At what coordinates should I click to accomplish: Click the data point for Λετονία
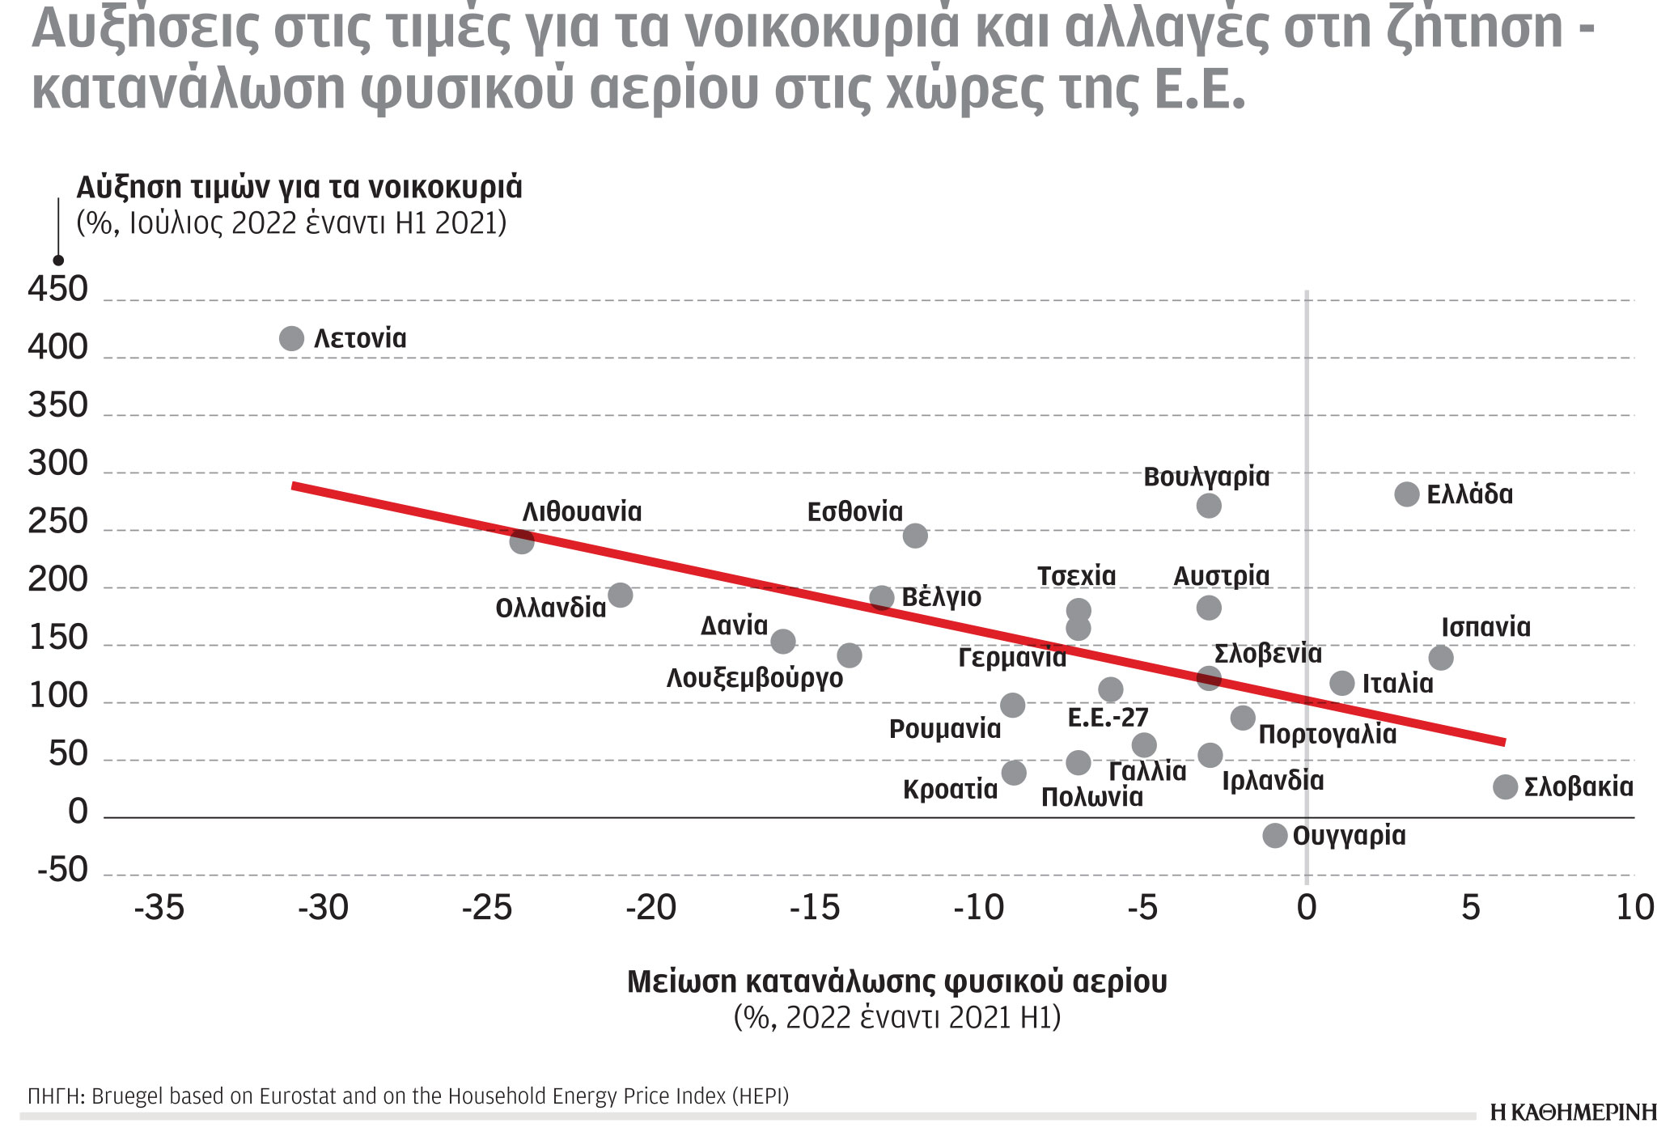(x=291, y=338)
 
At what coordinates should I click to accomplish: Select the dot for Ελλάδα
(x=1407, y=494)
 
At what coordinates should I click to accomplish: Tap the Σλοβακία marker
(x=1505, y=786)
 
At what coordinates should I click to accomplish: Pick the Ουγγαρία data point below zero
(x=1275, y=836)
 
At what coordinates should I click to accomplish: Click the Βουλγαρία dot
(x=1209, y=506)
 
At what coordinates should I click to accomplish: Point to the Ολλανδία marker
(x=620, y=596)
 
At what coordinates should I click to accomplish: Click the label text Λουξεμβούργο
(x=754, y=678)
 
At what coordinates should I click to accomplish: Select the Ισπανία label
(x=1485, y=627)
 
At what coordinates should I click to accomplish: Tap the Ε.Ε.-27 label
(x=1108, y=718)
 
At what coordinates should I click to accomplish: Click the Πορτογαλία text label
(x=1327, y=734)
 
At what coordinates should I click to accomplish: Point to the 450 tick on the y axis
(x=57, y=290)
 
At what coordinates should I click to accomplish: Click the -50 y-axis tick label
(x=62, y=871)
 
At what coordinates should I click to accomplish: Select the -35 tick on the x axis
(x=159, y=908)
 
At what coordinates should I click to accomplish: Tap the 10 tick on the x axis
(x=1634, y=908)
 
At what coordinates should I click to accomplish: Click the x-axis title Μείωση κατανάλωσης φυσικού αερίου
(x=896, y=981)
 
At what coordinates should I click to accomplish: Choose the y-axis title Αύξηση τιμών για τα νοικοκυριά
(x=299, y=187)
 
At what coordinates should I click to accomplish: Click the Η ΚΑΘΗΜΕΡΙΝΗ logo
(x=1572, y=1113)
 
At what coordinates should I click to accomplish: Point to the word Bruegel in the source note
(x=124, y=1096)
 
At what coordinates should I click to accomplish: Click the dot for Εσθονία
(x=915, y=536)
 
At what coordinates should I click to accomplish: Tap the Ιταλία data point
(x=1342, y=683)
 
